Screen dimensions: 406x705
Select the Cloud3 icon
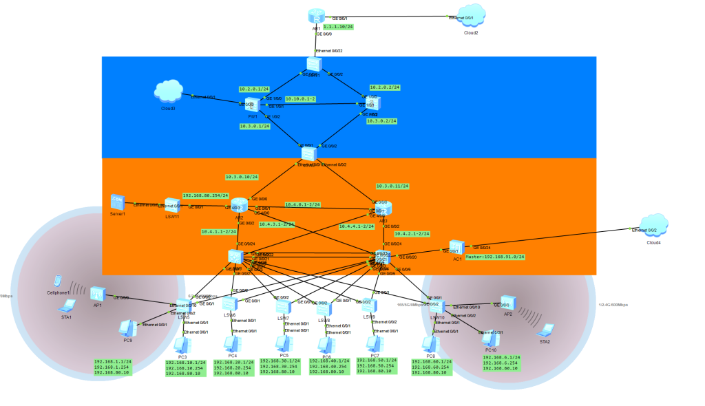[x=168, y=92]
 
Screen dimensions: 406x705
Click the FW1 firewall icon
[x=253, y=105]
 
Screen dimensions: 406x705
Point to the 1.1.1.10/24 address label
[x=338, y=27]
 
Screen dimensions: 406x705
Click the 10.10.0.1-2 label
[x=300, y=99]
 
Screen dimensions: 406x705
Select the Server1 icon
[x=117, y=202]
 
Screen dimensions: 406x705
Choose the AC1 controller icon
[x=456, y=247]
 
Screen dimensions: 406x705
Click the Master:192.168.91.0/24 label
[x=495, y=257]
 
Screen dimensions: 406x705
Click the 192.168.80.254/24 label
[x=205, y=195]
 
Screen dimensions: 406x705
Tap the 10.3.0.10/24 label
[x=242, y=177]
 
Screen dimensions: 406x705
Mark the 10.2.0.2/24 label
[x=385, y=87]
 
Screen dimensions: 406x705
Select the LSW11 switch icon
[x=172, y=204]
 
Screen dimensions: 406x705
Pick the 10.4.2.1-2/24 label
[x=412, y=233]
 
